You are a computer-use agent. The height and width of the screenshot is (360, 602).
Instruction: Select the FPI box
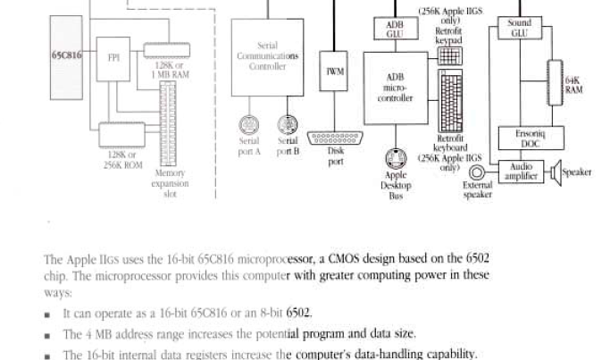click(x=113, y=59)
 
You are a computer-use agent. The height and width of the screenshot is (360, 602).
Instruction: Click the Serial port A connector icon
click(x=249, y=124)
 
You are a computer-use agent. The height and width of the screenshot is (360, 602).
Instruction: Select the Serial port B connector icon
click(x=287, y=124)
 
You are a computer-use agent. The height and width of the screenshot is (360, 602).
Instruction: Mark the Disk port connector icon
click(x=335, y=138)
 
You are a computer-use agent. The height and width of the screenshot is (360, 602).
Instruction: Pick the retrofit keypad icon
click(x=450, y=54)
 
